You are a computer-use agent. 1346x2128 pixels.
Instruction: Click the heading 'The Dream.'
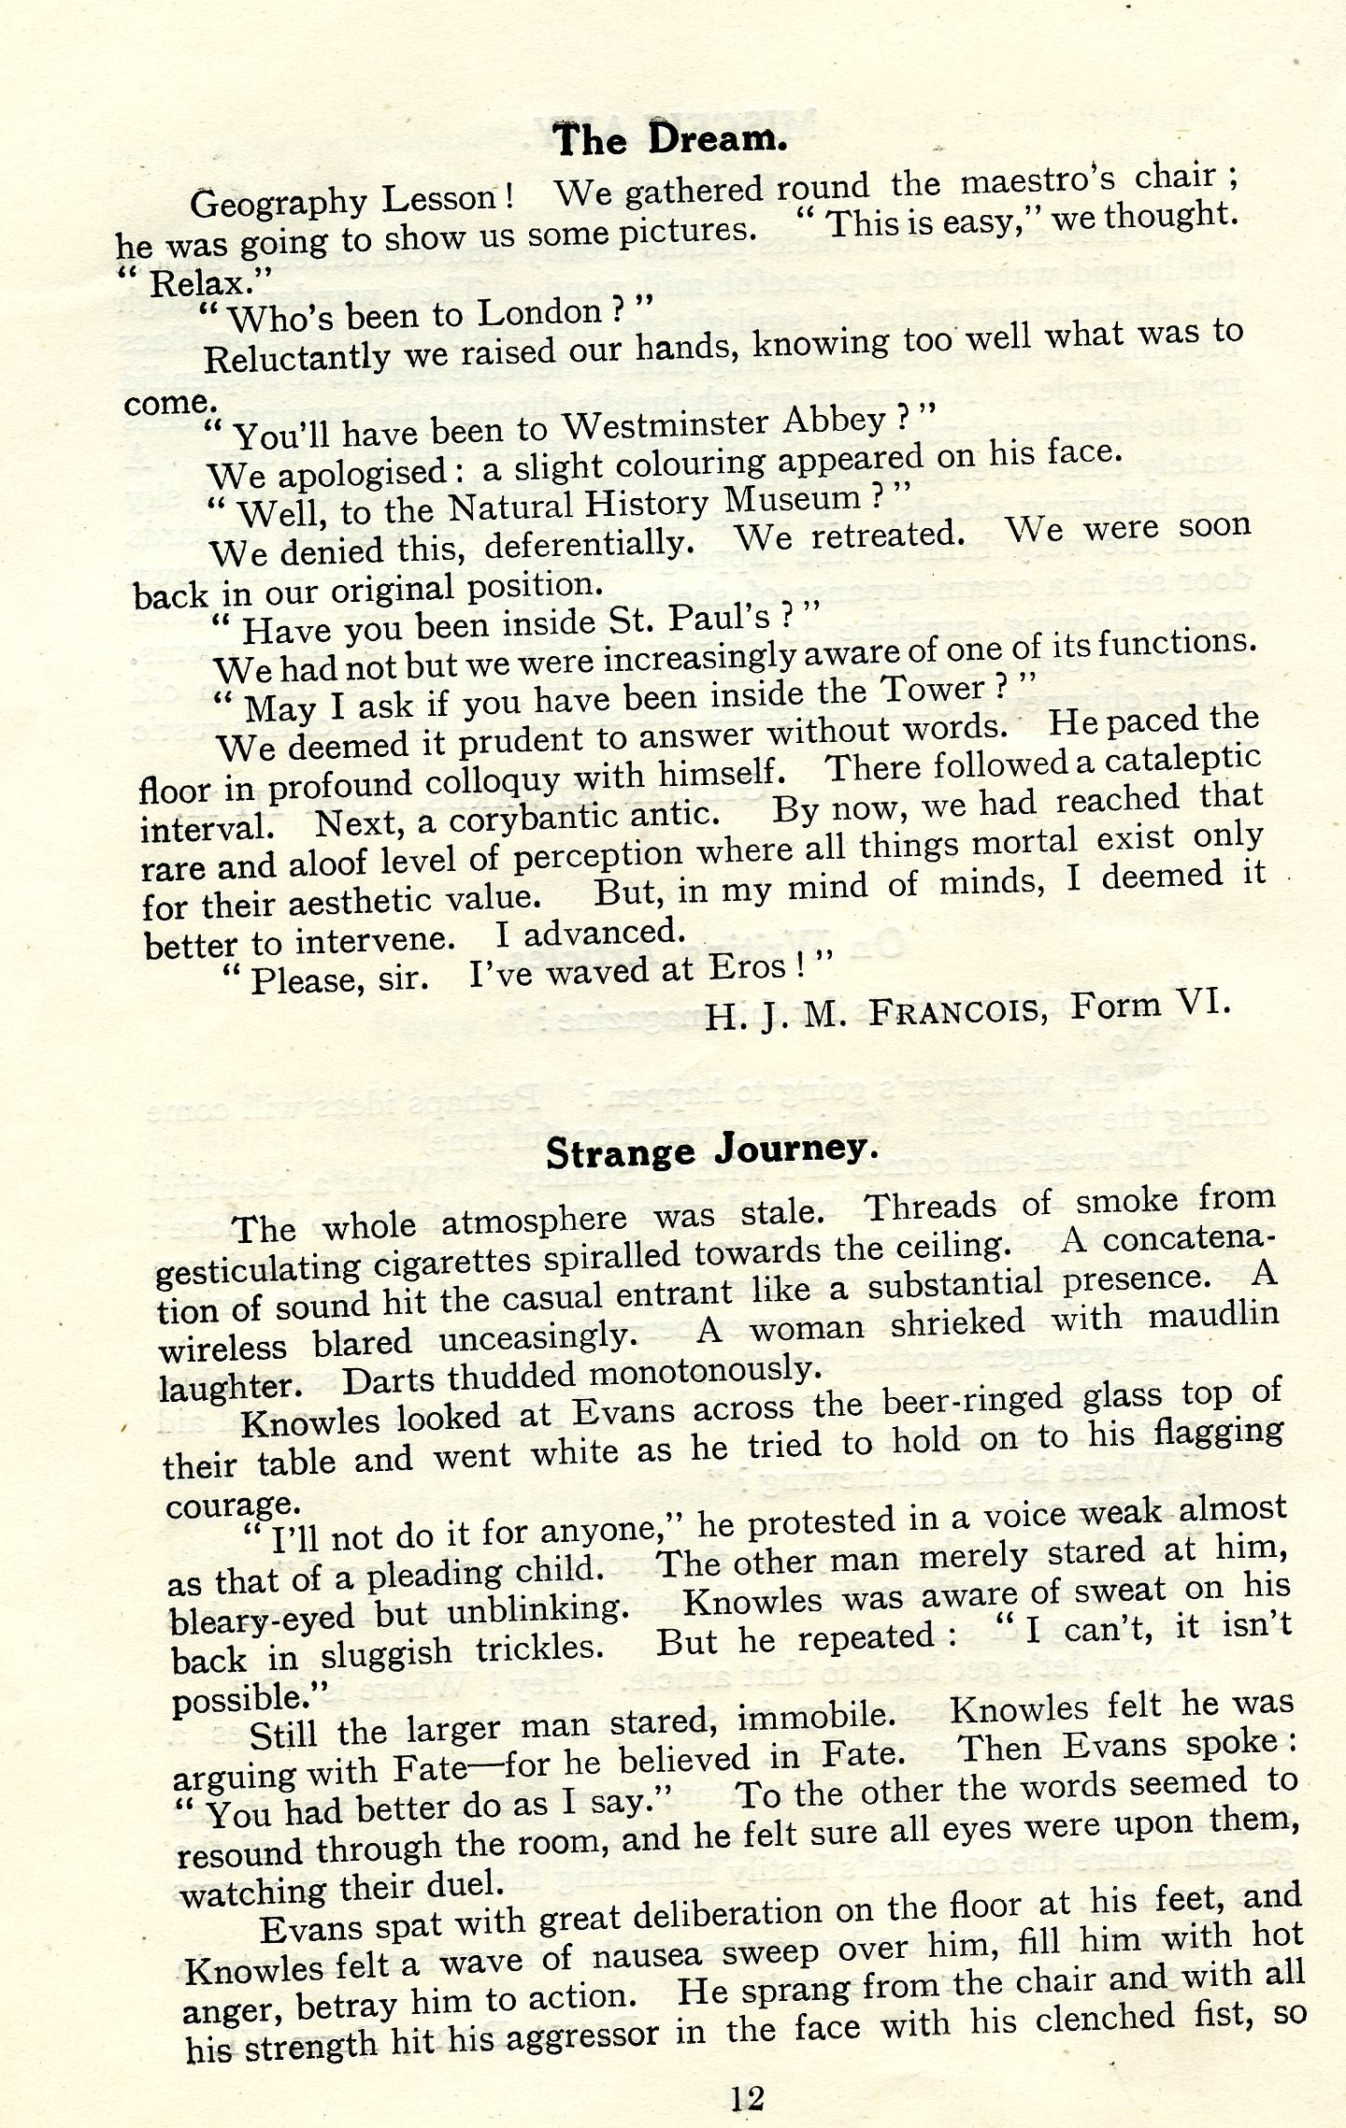[669, 140]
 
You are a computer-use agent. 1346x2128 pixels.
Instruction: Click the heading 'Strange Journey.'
[712, 1150]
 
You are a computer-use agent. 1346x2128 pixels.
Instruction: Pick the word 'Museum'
[793, 500]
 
